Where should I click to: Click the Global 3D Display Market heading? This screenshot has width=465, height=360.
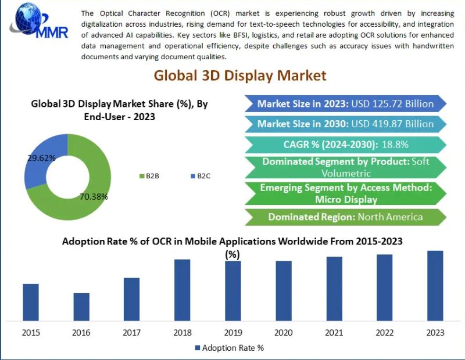(x=240, y=75)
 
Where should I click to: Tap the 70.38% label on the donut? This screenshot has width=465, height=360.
(x=94, y=196)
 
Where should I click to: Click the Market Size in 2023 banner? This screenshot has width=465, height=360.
(x=345, y=104)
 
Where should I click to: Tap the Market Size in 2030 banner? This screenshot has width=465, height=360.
(x=345, y=124)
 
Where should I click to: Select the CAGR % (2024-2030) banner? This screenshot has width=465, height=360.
(x=345, y=144)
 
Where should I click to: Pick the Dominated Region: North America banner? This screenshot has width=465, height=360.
(x=345, y=217)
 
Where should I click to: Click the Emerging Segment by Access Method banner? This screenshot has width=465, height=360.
(x=345, y=193)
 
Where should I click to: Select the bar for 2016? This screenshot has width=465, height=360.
(x=81, y=307)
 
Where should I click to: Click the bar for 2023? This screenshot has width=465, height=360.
(x=435, y=285)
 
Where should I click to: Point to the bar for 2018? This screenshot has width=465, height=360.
(x=183, y=290)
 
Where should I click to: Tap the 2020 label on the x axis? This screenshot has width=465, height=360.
(x=284, y=333)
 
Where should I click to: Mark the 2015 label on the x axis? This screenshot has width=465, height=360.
(x=31, y=333)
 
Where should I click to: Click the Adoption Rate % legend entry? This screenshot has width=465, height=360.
(x=229, y=348)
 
